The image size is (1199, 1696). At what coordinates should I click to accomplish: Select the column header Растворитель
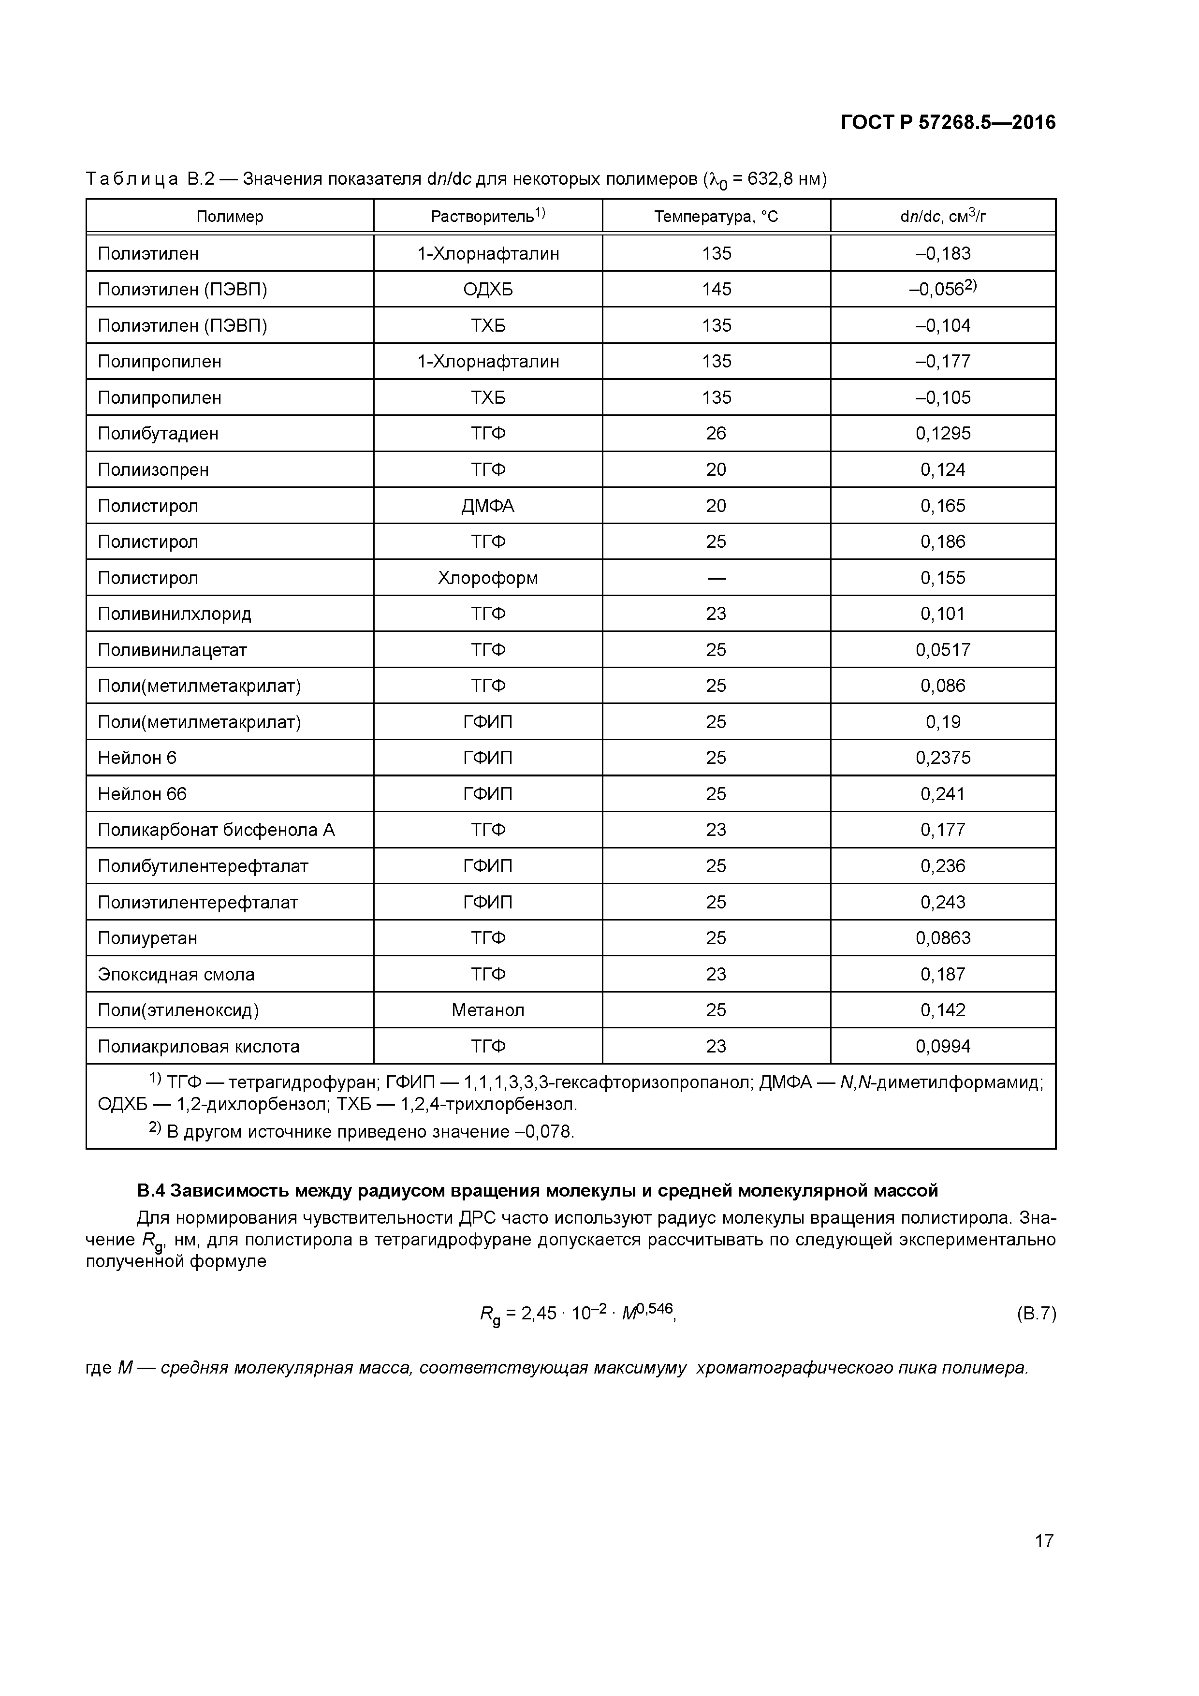click(488, 216)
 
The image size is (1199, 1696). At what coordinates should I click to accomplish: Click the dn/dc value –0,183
click(943, 253)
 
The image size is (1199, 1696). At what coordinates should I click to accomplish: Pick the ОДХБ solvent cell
click(488, 289)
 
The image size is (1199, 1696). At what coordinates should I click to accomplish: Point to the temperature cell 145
click(716, 289)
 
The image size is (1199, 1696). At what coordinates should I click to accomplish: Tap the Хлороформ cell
click(488, 578)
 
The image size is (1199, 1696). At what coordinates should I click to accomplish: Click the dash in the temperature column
click(716, 578)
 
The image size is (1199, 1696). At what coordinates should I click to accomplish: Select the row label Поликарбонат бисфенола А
click(216, 830)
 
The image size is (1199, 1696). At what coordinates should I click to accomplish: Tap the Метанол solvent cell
click(488, 1010)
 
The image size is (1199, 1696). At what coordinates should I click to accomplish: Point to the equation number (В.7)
click(1036, 1314)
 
